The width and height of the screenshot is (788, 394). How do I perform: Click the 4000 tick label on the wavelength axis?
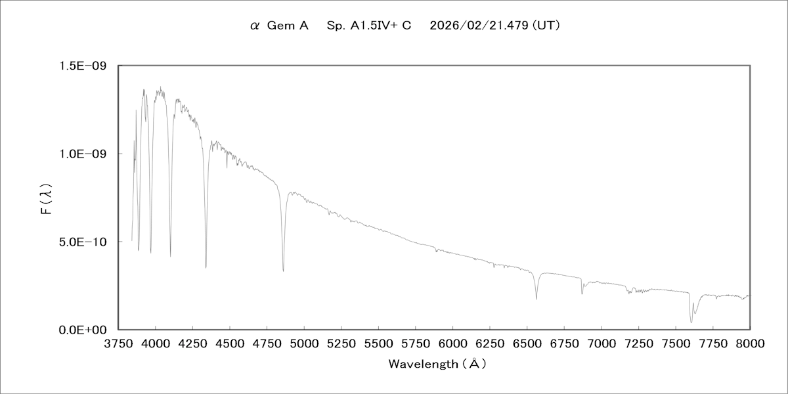(x=156, y=343)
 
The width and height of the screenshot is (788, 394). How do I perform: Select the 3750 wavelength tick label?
(x=118, y=343)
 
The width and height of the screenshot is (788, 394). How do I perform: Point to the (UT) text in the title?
(x=546, y=26)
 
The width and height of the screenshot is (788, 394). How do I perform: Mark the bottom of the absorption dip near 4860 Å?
(x=283, y=271)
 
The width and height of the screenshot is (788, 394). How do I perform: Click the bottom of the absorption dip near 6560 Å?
(x=536, y=299)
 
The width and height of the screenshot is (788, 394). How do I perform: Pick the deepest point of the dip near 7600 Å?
(x=691, y=322)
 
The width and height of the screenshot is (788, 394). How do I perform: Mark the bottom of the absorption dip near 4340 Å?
(x=206, y=267)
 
